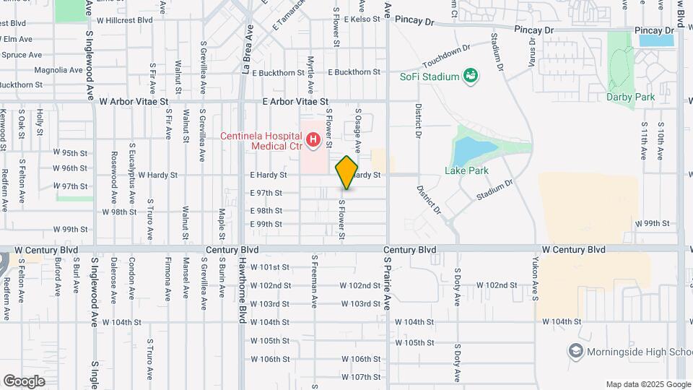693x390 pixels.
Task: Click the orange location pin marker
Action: [347, 172]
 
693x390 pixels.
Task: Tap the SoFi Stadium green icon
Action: [471, 76]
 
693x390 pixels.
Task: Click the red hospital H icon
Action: [313, 137]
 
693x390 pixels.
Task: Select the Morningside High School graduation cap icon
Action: [576, 351]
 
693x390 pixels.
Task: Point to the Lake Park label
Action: [467, 171]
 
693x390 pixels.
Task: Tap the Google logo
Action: [24, 381]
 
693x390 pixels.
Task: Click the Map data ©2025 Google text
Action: [648, 384]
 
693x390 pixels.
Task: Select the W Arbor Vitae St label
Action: [134, 103]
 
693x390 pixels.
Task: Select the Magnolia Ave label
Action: [58, 70]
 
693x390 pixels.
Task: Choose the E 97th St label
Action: [266, 193]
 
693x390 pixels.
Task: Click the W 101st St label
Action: [270, 267]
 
